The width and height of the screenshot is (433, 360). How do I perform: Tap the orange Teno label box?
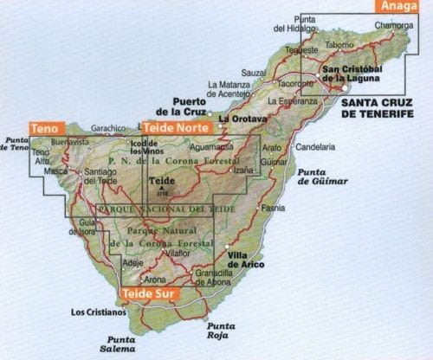43,128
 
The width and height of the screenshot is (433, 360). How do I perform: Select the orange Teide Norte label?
176,127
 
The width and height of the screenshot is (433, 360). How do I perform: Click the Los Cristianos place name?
94,313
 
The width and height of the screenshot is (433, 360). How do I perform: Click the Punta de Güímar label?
320,177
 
